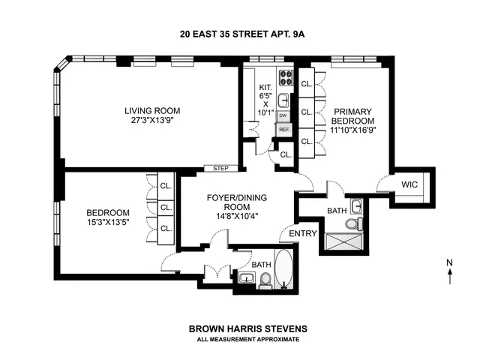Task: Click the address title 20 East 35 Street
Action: (239, 33)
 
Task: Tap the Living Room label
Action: (152, 111)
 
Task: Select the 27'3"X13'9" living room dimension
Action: (152, 121)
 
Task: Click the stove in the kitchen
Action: (284, 76)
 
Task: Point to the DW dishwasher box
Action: (283, 116)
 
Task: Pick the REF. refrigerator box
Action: (283, 130)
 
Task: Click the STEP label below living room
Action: (220, 168)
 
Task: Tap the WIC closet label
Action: (409, 184)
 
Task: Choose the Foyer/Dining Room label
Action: (237, 203)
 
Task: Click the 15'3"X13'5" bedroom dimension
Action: (110, 223)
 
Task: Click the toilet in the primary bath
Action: (356, 223)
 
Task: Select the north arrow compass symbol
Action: (449, 271)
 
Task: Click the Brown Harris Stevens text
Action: (239, 328)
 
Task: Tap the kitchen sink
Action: (283, 100)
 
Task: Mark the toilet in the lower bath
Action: (264, 280)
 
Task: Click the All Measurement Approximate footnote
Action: (239, 340)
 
